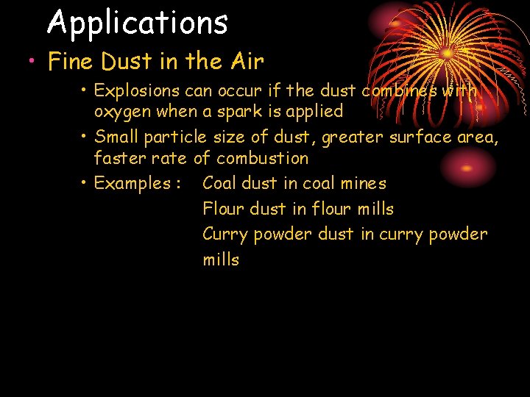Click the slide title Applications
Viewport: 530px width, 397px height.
point(138,23)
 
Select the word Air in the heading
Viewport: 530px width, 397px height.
point(247,62)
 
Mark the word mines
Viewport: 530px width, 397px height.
point(363,183)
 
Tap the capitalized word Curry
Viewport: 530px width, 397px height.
point(225,235)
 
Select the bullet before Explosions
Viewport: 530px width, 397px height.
point(85,91)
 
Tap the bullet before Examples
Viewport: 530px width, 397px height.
point(85,183)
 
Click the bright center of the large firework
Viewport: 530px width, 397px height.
point(445,53)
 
